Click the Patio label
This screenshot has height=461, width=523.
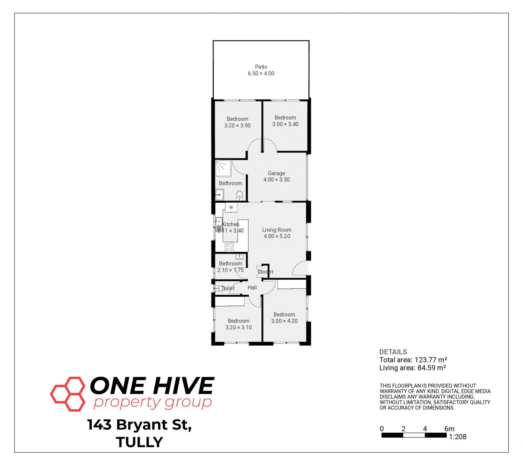(261, 67)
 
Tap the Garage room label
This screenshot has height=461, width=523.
(276, 173)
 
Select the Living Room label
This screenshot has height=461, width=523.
(277, 230)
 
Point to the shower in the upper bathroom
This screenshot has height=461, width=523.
(224, 169)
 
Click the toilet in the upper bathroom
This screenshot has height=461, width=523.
(239, 195)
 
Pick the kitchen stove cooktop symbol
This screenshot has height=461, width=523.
(229, 248)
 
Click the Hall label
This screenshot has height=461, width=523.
(252, 288)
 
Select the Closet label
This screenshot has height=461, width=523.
(265, 272)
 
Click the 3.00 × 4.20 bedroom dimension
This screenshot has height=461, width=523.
(284, 321)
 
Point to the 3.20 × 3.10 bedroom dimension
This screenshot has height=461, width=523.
(239, 328)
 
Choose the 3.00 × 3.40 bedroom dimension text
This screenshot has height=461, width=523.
(285, 124)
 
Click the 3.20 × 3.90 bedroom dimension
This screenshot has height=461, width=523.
(238, 126)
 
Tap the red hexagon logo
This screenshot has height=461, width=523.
(68, 394)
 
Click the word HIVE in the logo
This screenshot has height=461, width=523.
(183, 386)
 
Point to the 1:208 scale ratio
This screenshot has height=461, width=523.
(458, 437)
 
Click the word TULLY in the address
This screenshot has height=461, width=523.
(139, 442)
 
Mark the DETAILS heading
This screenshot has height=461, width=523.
(393, 352)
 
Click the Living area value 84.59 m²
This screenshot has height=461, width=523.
(432, 368)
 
